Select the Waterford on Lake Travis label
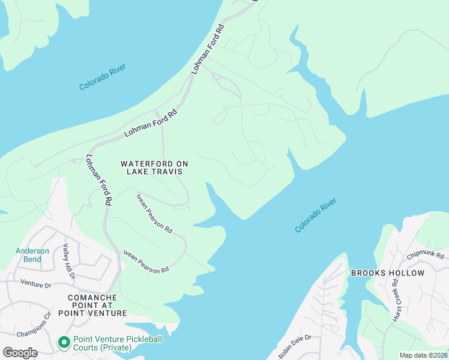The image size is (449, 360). (151, 167)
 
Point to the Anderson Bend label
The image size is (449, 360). (32, 255)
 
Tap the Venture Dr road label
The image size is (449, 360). (36, 284)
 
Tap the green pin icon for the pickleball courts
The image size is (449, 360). (64, 343)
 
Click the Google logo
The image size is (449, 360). (20, 352)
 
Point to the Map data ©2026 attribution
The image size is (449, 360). (423, 355)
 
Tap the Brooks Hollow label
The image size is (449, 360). (388, 273)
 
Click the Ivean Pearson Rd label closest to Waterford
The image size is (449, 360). (154, 213)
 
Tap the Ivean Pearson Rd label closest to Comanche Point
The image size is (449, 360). (146, 262)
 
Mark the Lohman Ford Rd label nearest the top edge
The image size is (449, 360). (208, 49)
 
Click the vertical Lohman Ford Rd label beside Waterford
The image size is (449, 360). (99, 181)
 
